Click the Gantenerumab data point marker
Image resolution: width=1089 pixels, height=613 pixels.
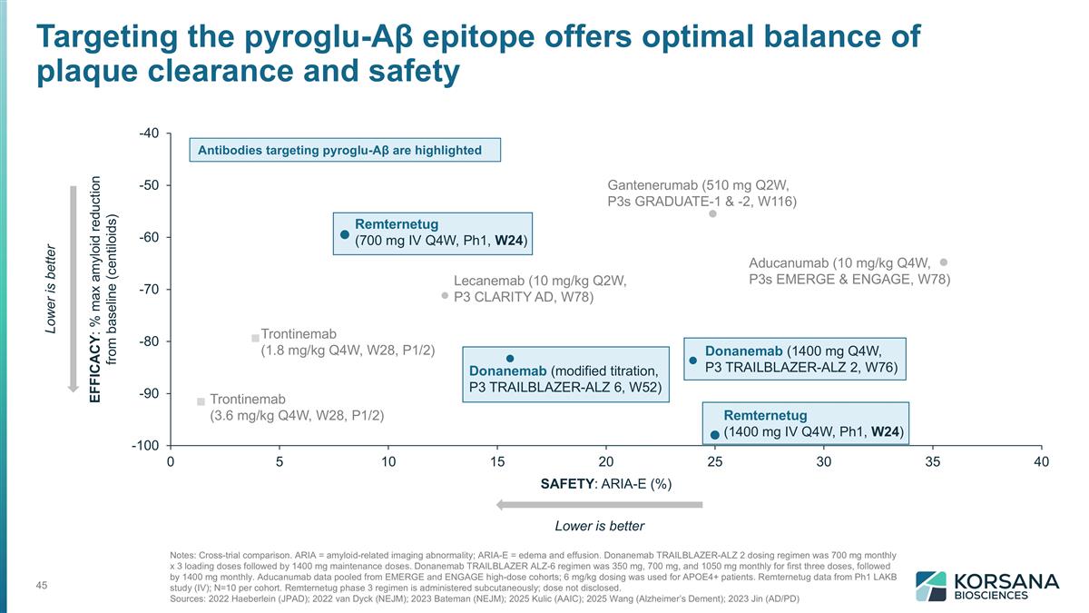pos(713,214)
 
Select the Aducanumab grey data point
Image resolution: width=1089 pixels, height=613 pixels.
pos(944,262)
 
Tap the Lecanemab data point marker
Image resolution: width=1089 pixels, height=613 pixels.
pos(445,295)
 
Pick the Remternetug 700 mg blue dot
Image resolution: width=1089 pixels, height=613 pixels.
pos(345,234)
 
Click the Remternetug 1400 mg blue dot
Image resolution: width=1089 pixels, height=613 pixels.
pos(715,434)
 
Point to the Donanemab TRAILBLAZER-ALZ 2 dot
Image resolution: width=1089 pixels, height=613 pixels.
pos(693,361)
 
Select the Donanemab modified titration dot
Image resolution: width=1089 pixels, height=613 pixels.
pos(510,359)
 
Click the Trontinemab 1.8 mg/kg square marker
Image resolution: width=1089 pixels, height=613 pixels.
pos(255,339)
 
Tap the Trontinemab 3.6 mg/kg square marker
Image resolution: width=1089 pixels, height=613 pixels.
pos(201,401)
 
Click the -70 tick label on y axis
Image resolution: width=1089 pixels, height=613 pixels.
pos(149,290)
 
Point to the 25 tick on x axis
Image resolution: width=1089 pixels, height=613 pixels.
pos(715,462)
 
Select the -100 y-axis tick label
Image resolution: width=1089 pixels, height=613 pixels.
pos(145,446)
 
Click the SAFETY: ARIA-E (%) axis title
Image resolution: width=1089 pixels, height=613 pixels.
pos(606,483)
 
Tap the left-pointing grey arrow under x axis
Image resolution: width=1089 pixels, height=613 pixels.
pos(599,504)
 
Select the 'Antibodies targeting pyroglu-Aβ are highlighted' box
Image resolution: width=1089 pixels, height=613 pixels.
pos(345,150)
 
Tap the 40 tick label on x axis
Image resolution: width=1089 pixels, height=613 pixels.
pos(1041,462)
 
